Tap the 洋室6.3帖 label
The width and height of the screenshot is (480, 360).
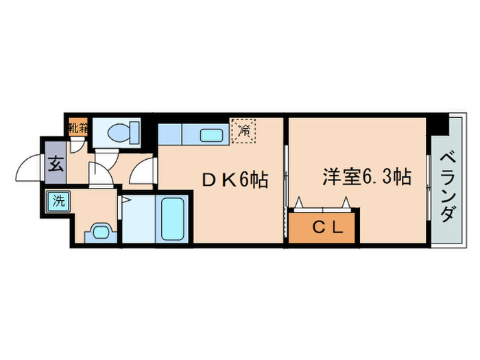(367, 177)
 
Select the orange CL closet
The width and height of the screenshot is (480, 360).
(322, 228)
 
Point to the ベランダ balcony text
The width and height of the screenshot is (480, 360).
(446, 186)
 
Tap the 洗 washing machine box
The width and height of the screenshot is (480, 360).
(58, 201)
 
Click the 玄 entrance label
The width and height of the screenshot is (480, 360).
(55, 164)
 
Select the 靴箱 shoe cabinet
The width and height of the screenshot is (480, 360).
(77, 127)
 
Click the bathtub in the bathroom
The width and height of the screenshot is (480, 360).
(173, 218)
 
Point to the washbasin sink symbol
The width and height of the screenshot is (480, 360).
(100, 231)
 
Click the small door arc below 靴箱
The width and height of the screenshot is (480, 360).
(79, 143)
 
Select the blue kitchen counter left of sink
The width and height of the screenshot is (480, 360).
(170, 133)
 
